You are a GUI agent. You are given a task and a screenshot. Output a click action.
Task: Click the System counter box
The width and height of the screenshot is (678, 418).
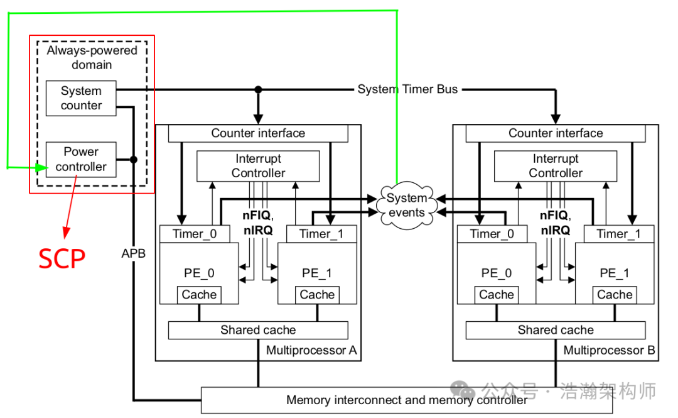point(81,98)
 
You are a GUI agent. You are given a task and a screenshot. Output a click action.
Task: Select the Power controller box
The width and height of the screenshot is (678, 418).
point(81,160)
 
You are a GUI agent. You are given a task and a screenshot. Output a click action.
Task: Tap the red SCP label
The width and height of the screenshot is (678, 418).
point(62,258)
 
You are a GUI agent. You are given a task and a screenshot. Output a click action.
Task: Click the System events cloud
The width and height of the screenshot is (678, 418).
point(406,206)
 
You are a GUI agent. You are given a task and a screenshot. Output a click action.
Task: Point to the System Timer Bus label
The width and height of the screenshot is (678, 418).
point(407,89)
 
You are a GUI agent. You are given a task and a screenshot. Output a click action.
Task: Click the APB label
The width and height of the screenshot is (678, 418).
point(133,254)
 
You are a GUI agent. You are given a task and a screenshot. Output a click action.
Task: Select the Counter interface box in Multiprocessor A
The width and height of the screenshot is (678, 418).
point(258,133)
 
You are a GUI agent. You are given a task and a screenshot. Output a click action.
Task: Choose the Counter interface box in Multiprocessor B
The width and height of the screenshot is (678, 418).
point(555,133)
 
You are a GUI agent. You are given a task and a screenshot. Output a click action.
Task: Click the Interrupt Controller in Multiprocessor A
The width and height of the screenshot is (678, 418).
point(258,166)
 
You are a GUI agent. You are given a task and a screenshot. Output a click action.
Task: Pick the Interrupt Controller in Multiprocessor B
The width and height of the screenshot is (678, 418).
point(555,166)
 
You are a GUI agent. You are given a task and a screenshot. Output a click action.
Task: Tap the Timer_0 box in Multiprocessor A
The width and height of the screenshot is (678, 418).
point(195,234)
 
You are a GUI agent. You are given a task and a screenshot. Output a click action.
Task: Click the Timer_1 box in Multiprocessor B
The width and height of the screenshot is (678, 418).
point(618,234)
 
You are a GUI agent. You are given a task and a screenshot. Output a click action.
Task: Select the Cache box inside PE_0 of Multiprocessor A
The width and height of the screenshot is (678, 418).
point(199,295)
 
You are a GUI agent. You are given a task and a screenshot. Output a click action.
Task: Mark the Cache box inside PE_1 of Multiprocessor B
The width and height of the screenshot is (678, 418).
point(615,295)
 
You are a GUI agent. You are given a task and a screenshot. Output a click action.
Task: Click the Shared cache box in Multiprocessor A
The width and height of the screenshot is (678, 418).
point(258,330)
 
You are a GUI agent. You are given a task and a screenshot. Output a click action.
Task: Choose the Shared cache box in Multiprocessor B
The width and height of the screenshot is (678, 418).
point(555,330)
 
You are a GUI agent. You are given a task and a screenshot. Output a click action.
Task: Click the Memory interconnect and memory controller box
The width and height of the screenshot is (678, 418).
point(407,400)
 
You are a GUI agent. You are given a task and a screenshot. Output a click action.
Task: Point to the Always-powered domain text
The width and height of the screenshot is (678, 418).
point(92,57)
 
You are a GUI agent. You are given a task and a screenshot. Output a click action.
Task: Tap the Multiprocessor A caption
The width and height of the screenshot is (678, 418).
point(311,350)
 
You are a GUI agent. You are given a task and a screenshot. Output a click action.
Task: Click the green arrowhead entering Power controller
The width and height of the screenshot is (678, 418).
point(41,168)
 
